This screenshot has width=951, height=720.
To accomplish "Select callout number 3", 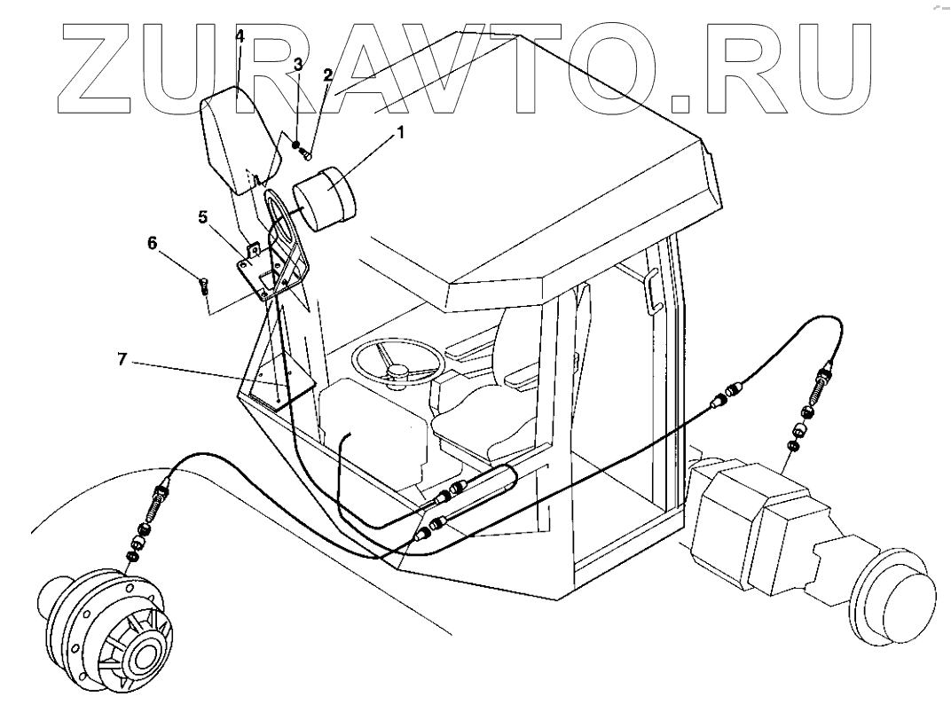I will coord(298,65).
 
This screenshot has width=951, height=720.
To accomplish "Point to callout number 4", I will coord(239,36).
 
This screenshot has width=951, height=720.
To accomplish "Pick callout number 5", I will coord(202,215).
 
